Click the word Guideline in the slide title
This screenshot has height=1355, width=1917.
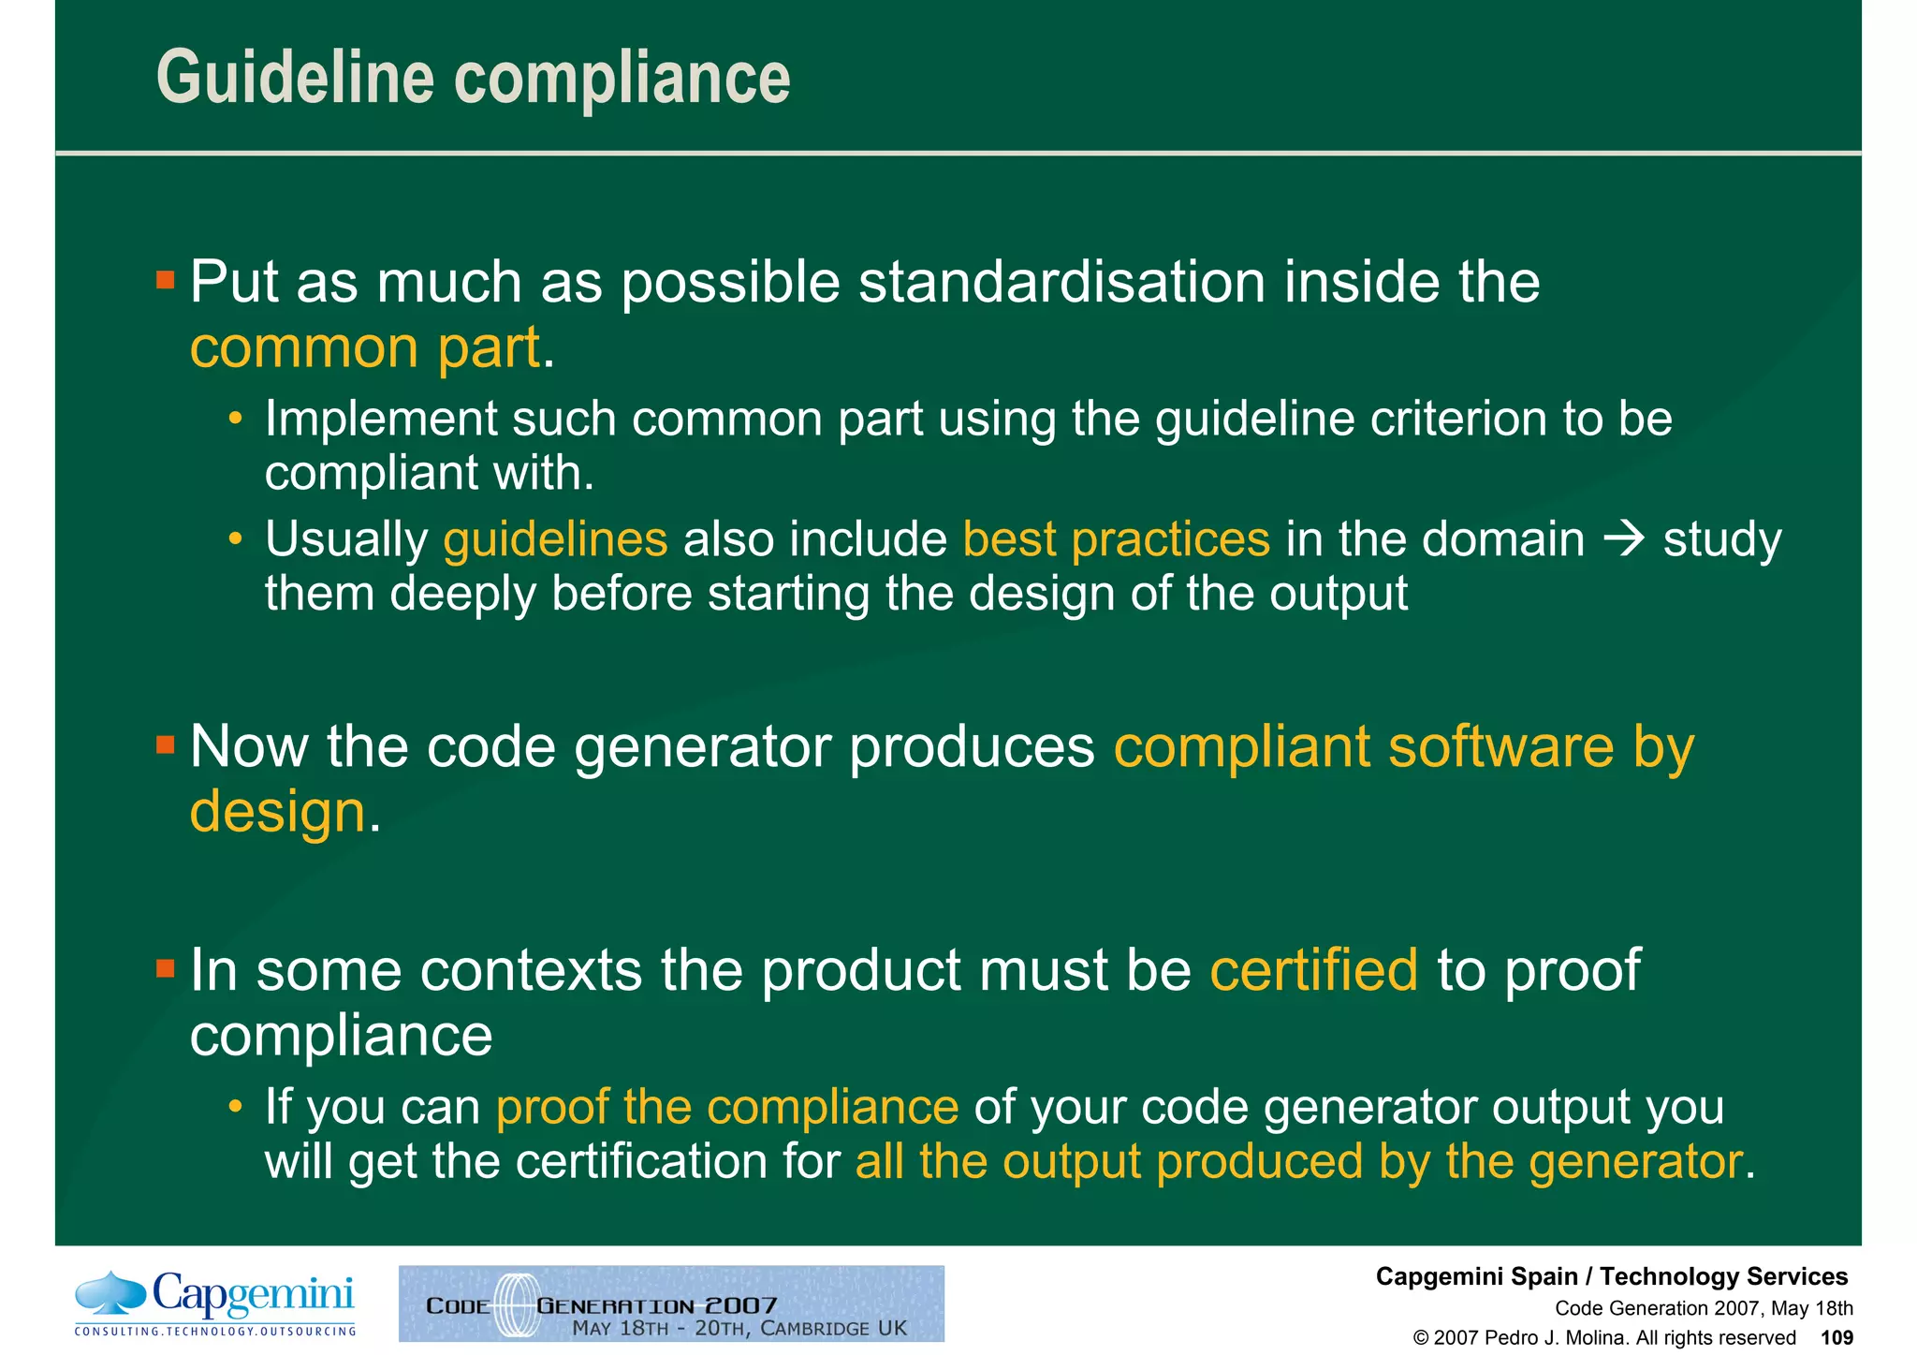click(x=295, y=78)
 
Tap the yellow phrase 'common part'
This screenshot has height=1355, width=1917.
click(x=365, y=347)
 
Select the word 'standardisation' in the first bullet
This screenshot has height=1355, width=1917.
click(x=1061, y=282)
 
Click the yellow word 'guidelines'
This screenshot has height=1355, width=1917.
click(x=555, y=539)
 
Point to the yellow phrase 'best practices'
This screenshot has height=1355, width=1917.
click(x=1116, y=539)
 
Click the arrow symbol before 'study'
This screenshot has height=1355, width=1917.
click(x=1624, y=540)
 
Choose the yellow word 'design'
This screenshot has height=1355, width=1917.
click(x=277, y=811)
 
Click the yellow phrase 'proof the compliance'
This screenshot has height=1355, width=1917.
click(x=727, y=1107)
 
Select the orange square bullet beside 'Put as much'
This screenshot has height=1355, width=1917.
click(x=166, y=280)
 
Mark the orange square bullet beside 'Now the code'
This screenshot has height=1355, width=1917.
click(x=166, y=745)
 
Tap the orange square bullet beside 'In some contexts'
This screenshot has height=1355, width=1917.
click(x=166, y=967)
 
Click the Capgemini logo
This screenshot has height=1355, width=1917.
click(x=215, y=1302)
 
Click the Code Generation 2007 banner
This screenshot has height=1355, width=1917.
click(x=671, y=1303)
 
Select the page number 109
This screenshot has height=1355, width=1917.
click(x=1837, y=1337)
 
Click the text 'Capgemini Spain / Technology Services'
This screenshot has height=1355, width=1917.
click(x=1611, y=1276)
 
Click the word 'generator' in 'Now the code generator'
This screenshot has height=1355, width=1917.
click(x=702, y=747)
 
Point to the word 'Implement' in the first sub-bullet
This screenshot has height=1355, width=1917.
click(x=380, y=419)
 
